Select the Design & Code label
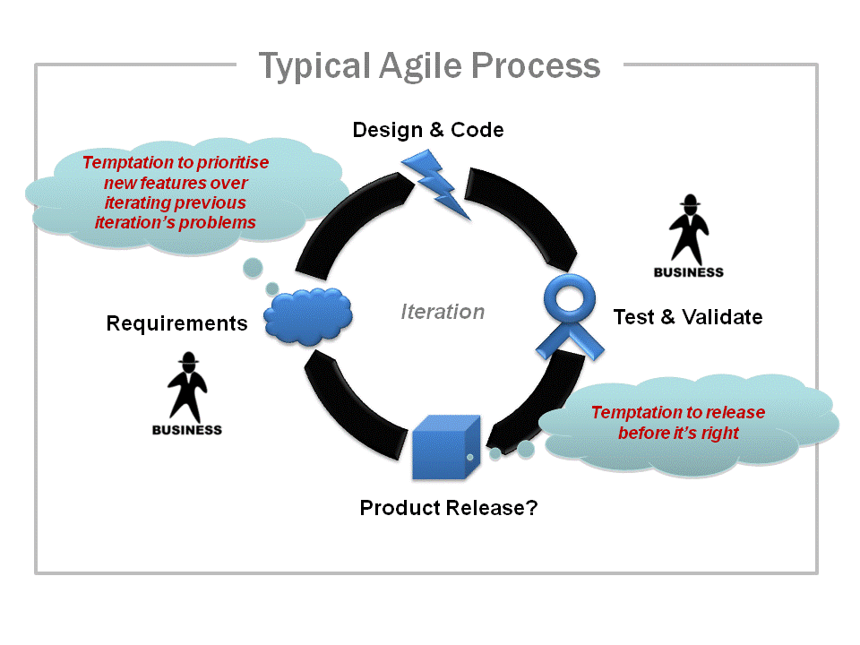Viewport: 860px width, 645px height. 428,130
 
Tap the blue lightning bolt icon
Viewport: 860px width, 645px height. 436,184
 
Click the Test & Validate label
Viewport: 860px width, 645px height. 688,316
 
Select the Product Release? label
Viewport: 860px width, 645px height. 449,508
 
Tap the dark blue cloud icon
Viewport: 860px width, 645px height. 307,315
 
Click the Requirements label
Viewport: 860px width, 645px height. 176,323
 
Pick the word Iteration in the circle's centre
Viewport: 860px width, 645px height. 443,312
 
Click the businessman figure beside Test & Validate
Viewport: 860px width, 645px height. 688,228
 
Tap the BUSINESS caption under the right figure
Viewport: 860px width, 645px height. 688,272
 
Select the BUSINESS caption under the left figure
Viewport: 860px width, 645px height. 186,429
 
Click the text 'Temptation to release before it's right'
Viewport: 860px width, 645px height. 678,423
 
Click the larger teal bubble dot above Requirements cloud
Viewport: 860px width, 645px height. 254,267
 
